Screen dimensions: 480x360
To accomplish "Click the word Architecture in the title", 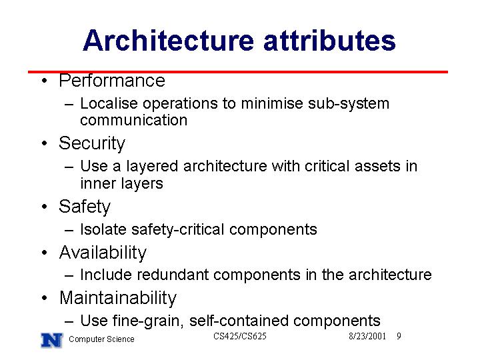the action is click(169, 41).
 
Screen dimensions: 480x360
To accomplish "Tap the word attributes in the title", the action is click(330, 41).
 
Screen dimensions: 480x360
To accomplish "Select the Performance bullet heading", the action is click(112, 81).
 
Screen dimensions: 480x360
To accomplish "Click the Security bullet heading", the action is click(92, 143).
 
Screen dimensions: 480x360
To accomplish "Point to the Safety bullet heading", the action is click(85, 207).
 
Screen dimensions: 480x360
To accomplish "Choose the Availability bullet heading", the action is click(103, 253).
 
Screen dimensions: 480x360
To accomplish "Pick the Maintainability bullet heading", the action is click(118, 298).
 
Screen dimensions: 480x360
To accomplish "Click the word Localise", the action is click(109, 103).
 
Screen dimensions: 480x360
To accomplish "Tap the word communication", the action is click(134, 120).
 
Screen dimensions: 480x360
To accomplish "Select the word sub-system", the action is click(349, 104).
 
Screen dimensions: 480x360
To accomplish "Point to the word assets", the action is click(377, 167).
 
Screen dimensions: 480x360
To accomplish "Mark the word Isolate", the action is click(103, 229).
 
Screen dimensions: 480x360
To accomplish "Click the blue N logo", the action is click(52, 340).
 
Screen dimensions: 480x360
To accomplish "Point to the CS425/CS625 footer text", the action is click(240, 336).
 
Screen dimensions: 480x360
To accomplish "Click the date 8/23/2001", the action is click(367, 336).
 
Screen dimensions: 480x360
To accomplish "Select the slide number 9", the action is click(399, 336).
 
